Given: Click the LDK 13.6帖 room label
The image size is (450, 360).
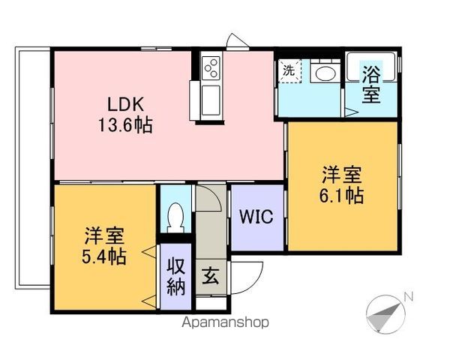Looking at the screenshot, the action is [125, 115].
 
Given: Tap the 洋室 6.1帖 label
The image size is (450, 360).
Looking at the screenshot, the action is [341, 185].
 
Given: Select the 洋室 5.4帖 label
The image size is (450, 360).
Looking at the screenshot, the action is [104, 246].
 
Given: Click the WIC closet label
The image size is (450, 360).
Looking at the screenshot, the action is [256, 217].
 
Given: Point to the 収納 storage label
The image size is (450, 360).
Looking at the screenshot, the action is [175, 277].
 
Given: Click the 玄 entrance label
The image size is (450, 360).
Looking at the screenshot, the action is [211, 276].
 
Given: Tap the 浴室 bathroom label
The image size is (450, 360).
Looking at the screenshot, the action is [371, 85].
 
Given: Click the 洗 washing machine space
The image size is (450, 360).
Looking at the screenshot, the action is [289, 71].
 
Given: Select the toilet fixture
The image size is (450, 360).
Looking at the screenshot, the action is [175, 217].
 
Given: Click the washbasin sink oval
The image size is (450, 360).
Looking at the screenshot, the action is [325, 73].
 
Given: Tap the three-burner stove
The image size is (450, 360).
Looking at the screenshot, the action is [211, 68].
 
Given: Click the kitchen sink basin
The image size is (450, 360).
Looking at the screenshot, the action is [211, 100].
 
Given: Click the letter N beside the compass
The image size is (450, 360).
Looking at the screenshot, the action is [408, 297].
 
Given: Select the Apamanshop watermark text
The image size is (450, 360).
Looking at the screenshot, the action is [225, 322].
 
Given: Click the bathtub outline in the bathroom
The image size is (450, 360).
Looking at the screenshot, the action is [371, 66].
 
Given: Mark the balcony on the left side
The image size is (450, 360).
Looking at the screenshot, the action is [33, 168].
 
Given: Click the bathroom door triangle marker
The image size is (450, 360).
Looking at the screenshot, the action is [351, 112].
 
